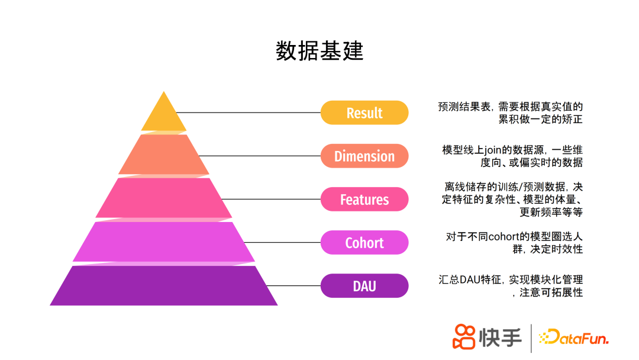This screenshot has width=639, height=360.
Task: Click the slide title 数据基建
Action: [x=319, y=52]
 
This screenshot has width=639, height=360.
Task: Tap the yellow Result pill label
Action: [x=364, y=112]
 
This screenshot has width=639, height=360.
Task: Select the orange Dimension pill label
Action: [x=364, y=156]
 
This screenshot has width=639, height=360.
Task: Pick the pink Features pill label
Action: [x=364, y=200]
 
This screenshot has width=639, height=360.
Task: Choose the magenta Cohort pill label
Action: [x=364, y=243]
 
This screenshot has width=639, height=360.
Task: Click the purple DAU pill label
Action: [x=364, y=286]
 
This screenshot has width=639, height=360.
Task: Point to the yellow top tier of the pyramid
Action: [x=163, y=115]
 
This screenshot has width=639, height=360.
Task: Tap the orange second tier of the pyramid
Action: [x=163, y=155]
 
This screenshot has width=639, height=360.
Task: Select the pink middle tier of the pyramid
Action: [x=163, y=198]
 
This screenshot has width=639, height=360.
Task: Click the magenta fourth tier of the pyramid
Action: [x=163, y=242]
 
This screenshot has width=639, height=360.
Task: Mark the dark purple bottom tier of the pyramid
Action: [x=163, y=285]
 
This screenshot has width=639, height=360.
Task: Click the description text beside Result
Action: [x=510, y=112]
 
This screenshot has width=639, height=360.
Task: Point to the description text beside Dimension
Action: [x=512, y=156]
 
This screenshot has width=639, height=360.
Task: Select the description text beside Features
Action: [x=512, y=200]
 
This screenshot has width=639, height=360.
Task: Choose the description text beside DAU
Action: [x=511, y=286]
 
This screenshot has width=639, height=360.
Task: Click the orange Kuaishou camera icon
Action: [x=464, y=337]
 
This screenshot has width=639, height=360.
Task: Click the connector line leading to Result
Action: [x=248, y=112]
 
